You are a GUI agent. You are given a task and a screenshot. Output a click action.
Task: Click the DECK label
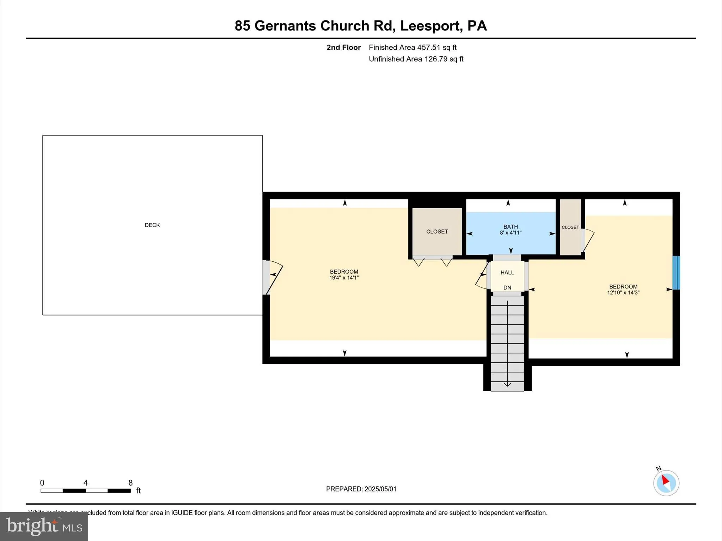[x=152, y=225]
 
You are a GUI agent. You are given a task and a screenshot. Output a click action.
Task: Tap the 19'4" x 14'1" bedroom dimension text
[x=344, y=278]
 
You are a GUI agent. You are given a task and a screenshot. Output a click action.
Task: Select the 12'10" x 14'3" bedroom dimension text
[x=623, y=293]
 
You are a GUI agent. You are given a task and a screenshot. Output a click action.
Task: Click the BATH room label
[x=510, y=226]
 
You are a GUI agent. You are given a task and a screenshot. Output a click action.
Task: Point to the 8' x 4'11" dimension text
[x=510, y=233]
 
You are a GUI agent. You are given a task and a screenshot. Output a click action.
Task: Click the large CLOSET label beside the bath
[x=437, y=231]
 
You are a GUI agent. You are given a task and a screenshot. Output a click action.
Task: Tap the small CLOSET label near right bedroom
[x=570, y=227]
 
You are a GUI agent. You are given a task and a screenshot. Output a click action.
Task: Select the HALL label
[x=507, y=272]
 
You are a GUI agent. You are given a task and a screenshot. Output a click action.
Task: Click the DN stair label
[x=507, y=287]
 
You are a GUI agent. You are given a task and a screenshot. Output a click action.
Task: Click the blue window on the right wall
[x=676, y=273]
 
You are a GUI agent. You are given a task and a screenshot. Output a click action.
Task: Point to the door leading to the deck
[x=267, y=277]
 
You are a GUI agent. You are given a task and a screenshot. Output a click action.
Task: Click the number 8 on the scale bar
[x=130, y=483]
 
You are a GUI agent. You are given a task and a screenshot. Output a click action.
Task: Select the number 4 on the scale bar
[x=85, y=483]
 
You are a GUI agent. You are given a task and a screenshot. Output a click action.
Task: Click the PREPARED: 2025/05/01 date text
[x=361, y=489]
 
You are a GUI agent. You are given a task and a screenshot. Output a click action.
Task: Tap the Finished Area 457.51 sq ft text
[x=412, y=47]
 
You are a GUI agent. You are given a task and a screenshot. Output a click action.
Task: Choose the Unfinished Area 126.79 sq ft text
[x=416, y=59]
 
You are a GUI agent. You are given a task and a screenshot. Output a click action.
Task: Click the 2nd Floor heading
[x=343, y=47]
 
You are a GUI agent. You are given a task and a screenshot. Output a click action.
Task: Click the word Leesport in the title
[x=430, y=26]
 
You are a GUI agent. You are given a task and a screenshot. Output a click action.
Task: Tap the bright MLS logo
[x=44, y=526]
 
